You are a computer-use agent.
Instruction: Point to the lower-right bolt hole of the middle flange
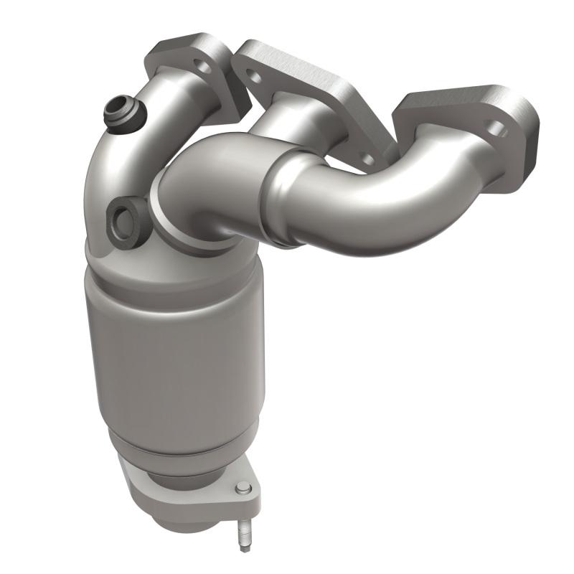tap(367, 159)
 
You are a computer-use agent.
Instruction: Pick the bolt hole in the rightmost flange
tap(498, 131)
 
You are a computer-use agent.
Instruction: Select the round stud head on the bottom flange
tap(242, 489)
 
